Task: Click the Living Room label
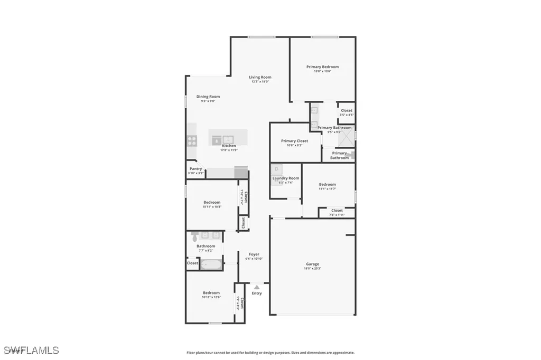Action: click(260, 77)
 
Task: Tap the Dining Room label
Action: click(208, 97)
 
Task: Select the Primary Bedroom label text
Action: click(322, 67)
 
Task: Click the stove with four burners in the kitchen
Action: click(192, 140)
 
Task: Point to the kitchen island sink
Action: click(217, 140)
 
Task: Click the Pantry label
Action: click(195, 169)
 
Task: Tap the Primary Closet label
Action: click(294, 141)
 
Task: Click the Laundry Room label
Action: click(285, 178)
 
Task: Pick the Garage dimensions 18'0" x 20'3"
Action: click(312, 269)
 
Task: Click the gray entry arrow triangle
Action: click(257, 287)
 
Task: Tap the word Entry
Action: click(257, 293)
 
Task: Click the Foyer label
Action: click(254, 254)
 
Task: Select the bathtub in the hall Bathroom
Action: click(211, 263)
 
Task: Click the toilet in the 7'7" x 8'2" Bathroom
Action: click(194, 234)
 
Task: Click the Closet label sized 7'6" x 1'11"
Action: click(337, 210)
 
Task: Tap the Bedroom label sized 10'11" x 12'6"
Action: click(211, 292)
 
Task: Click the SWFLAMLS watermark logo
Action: click(31, 350)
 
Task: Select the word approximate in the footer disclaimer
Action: click(343, 353)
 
